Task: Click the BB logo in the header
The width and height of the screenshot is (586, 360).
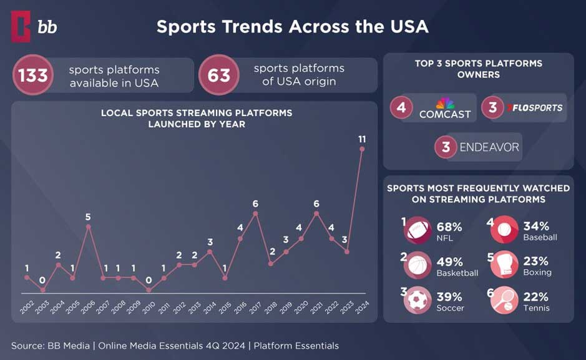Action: (x=34, y=26)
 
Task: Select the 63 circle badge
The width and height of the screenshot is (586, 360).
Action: (x=219, y=75)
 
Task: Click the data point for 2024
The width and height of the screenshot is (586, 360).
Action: (x=362, y=149)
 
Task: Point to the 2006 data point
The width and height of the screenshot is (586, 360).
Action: (x=88, y=226)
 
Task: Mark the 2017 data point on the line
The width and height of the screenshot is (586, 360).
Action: (x=255, y=213)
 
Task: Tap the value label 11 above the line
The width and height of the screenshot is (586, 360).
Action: (x=362, y=138)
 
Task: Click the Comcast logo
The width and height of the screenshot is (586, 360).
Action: (x=444, y=109)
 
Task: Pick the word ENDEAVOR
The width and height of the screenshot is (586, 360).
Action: (x=489, y=147)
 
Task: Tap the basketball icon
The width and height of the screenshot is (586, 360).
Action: (x=418, y=265)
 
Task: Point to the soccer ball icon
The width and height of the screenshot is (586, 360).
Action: (x=418, y=299)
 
